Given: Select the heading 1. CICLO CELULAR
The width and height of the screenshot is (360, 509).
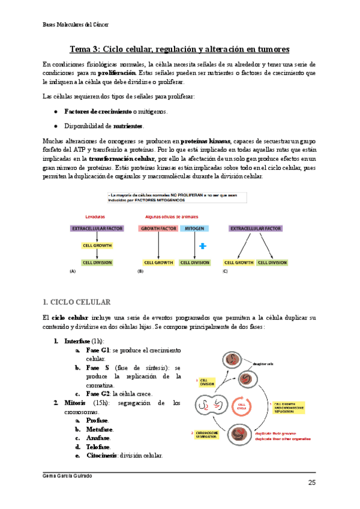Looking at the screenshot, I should pyautogui.click(x=81, y=301).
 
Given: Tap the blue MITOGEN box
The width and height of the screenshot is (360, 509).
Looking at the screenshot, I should pyautogui.click(x=194, y=228).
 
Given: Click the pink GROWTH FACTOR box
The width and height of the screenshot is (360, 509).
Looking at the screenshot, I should pyautogui.click(x=157, y=228).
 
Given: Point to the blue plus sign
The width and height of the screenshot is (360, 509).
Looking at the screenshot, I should pyautogui.click(x=202, y=245).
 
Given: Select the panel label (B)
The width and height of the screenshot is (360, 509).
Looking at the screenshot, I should pyautogui.click(x=140, y=271).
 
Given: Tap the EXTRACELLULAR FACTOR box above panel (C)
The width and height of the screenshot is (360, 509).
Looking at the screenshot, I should pyautogui.click(x=256, y=228).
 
